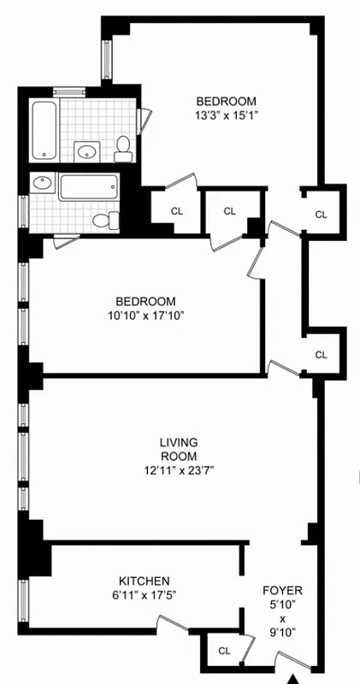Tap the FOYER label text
[282, 591]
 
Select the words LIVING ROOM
[179, 449]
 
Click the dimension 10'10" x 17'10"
[146, 315]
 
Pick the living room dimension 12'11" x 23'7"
[179, 469]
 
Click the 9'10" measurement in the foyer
[282, 633]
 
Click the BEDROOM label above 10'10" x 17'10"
[146, 301]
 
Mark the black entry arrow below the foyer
[295, 678]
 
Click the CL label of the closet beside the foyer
[224, 651]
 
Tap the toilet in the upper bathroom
[123, 148]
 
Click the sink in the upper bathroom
[85, 152]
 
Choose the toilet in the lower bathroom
[104, 221]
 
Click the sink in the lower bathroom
[43, 185]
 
